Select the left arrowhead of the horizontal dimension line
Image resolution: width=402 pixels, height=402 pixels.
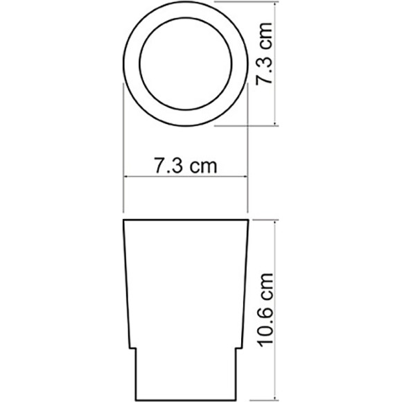[126, 177]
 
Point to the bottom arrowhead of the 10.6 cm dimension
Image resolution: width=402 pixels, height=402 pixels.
[277, 398]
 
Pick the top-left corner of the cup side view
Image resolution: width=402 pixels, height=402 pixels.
[124, 220]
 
